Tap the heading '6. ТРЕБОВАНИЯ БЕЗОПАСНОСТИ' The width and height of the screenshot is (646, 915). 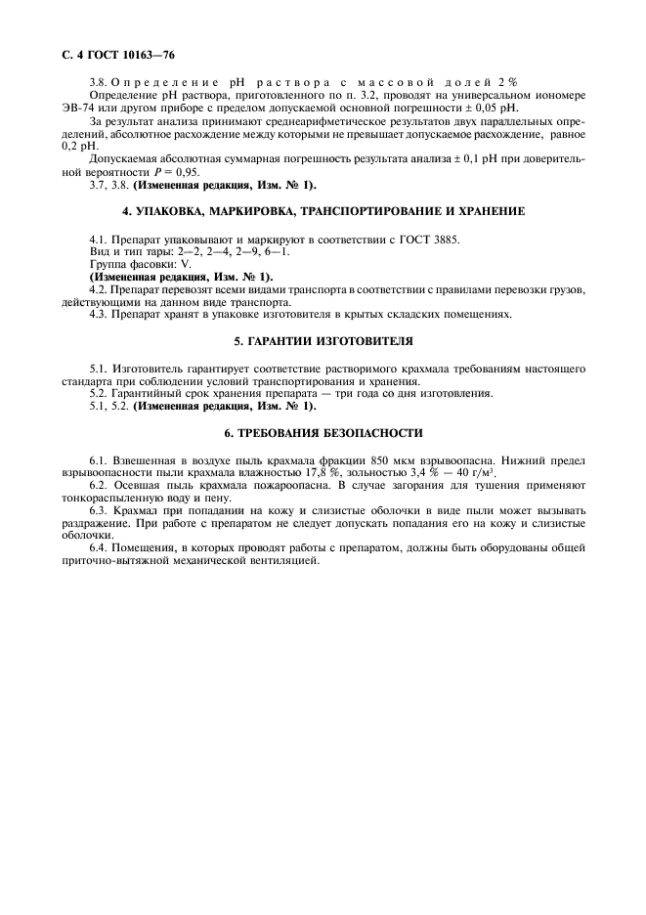(x=323, y=432)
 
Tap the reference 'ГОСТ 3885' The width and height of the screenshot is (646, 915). (x=428, y=240)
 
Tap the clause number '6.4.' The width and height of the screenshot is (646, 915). (x=102, y=549)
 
